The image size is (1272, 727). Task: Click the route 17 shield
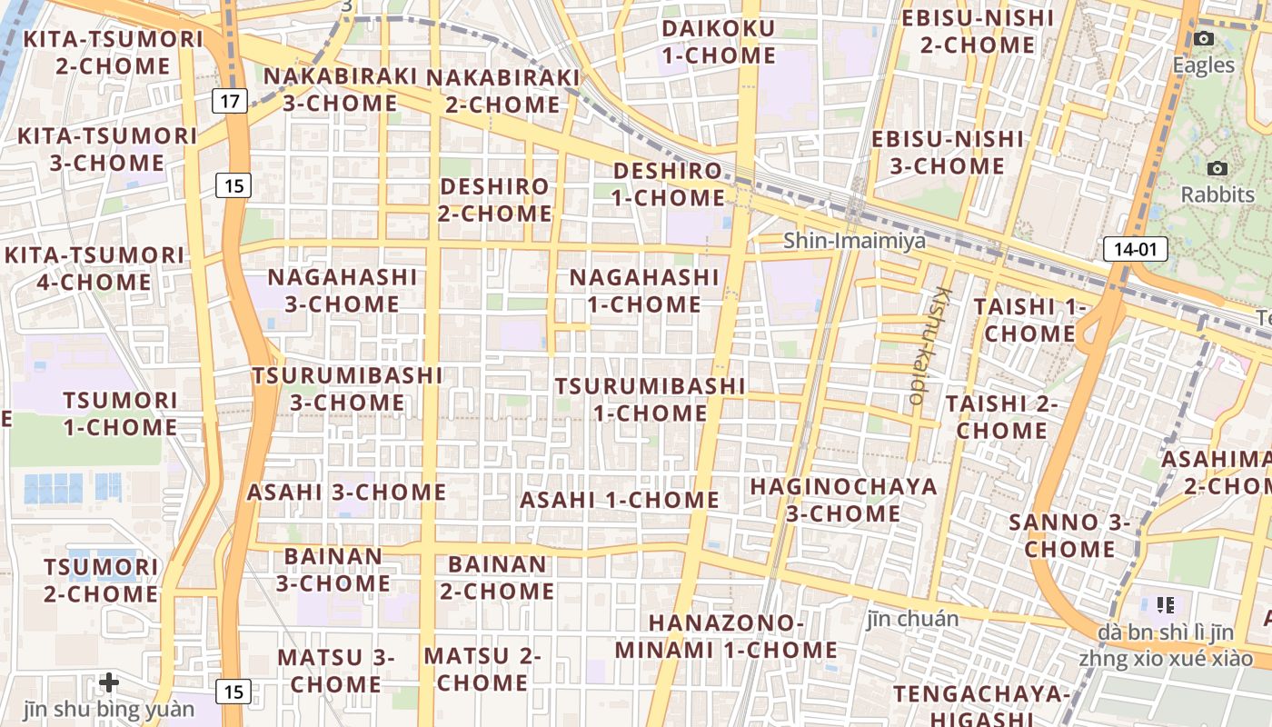tap(231, 100)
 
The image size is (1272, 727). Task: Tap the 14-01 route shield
tap(1136, 249)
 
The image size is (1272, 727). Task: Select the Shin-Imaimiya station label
tap(854, 241)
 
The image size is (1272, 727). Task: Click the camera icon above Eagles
tap(1204, 38)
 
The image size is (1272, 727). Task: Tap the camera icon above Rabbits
tap(1217, 168)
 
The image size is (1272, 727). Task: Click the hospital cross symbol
tap(109, 682)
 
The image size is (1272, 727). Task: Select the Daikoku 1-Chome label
tap(719, 42)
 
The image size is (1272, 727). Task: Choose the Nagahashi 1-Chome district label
tap(644, 290)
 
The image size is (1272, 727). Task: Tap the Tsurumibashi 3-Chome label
tap(347, 388)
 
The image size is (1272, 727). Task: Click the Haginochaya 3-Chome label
tap(843, 500)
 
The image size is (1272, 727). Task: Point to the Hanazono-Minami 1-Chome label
tap(726, 636)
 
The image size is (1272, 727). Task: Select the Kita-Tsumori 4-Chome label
tap(94, 268)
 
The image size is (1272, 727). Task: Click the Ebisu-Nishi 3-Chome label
tap(947, 152)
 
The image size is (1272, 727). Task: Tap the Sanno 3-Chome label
tap(1069, 535)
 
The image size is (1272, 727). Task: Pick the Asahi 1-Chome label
tap(620, 500)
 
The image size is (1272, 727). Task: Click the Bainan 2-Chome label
tap(497, 577)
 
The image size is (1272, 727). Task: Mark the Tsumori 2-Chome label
tap(101, 581)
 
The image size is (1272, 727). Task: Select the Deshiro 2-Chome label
tap(495, 200)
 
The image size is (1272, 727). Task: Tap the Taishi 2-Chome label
tap(1001, 416)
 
